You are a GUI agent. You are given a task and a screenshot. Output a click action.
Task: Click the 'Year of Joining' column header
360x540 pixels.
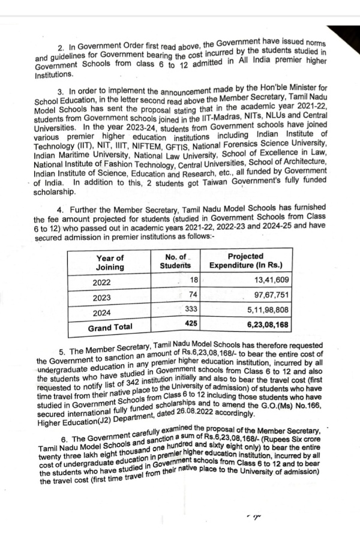(x=110, y=262)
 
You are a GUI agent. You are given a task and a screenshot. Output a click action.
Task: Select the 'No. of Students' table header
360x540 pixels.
(x=175, y=262)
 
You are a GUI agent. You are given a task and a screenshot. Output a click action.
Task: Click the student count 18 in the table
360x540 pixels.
(x=193, y=280)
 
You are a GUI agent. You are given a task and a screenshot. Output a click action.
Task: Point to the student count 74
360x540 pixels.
(x=193, y=295)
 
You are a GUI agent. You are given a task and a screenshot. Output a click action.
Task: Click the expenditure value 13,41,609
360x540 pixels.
(x=272, y=280)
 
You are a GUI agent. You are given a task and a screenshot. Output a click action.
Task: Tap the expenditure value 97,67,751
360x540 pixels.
(x=272, y=295)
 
